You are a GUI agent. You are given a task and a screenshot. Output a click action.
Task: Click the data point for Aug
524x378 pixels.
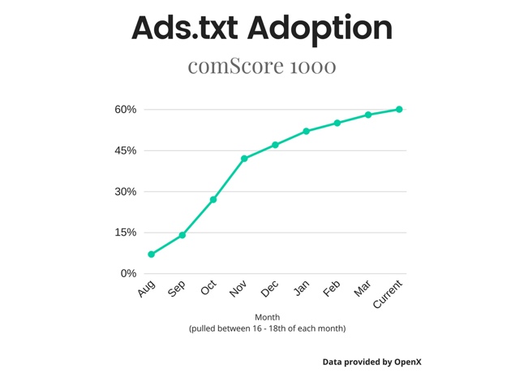(x=152, y=254)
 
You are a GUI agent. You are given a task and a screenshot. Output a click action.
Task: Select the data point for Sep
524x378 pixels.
(x=183, y=235)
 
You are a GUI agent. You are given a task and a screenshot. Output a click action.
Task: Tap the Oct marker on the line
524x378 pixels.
(x=213, y=199)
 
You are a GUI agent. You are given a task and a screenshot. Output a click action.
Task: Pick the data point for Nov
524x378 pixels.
(x=244, y=159)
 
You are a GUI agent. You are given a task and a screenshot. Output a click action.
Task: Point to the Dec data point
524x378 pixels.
(x=276, y=145)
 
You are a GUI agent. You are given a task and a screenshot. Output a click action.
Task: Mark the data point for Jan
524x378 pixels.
(x=307, y=131)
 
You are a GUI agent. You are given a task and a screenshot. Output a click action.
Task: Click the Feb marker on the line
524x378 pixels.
(x=337, y=123)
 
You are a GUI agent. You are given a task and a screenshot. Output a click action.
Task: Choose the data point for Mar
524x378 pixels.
(x=368, y=115)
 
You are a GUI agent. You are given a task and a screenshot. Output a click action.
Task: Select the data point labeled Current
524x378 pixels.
(x=399, y=109)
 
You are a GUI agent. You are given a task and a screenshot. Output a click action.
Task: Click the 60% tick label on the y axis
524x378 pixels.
(x=125, y=110)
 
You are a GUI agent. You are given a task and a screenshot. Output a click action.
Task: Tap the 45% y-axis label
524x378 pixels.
(x=125, y=150)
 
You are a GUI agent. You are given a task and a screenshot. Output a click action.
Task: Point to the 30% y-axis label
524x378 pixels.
(x=125, y=192)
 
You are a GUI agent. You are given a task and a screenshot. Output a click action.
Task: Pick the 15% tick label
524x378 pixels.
(x=125, y=232)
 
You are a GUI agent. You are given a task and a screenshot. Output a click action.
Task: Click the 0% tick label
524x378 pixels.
(x=128, y=273)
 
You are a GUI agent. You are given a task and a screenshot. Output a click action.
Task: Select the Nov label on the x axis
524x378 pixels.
(x=238, y=289)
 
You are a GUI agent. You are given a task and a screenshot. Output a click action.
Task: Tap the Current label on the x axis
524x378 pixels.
(x=389, y=293)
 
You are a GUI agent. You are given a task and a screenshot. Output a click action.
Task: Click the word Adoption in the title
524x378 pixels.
(x=319, y=28)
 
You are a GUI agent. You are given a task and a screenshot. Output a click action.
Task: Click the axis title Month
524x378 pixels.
(x=268, y=318)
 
